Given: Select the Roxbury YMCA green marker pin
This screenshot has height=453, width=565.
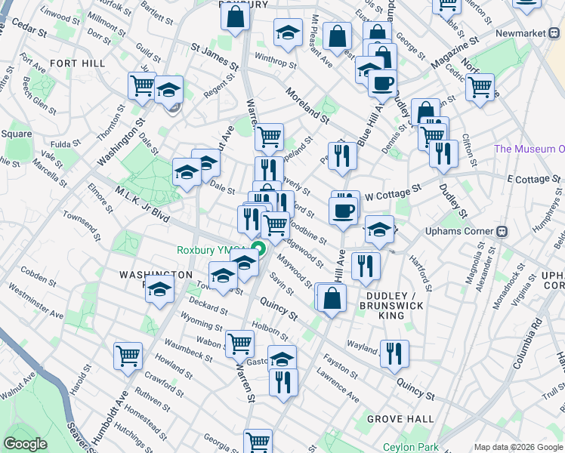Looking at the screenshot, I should pyautogui.click(x=258, y=251).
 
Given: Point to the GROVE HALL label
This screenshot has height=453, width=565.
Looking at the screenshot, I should pyautogui.click(x=400, y=418).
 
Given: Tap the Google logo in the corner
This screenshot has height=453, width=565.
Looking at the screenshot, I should pyautogui.click(x=25, y=444).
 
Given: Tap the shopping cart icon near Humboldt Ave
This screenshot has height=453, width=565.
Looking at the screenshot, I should pyautogui.click(x=128, y=356).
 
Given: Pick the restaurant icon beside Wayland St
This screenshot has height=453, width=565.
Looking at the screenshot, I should pyautogui.click(x=394, y=353).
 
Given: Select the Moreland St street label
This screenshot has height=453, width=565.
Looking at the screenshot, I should pyautogui.click(x=307, y=106).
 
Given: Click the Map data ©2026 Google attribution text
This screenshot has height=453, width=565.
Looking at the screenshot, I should pyautogui.click(x=518, y=447).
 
